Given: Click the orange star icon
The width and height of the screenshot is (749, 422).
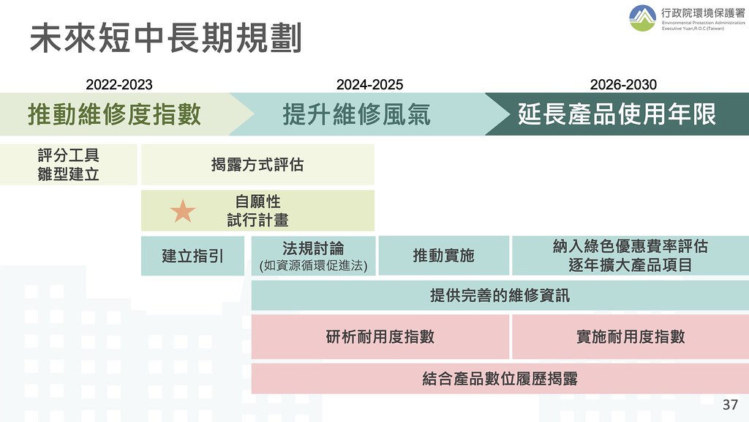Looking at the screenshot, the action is point(183,212).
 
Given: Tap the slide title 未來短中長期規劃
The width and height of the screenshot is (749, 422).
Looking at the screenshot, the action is point(166,38).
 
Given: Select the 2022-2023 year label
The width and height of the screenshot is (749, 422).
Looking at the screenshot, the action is point(119,85).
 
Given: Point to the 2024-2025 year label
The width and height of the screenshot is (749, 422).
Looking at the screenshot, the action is point(369,85).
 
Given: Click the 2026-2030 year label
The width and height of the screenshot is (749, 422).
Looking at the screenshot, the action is point(623,85).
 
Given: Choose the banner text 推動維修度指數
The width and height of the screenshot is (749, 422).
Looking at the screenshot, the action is point(115,114).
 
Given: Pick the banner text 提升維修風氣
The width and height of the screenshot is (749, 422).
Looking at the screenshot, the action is point(357,114).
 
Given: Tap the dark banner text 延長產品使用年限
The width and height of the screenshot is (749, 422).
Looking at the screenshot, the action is point(617,114).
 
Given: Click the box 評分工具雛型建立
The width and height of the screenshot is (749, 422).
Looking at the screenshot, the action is point(68,165).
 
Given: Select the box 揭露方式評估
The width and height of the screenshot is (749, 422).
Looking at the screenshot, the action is point(257,165).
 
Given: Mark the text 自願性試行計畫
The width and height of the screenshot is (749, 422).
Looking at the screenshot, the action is point(258,211).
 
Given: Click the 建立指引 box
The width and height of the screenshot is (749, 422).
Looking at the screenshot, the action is point(192,256).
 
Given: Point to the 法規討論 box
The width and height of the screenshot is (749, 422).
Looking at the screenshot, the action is point(313,256).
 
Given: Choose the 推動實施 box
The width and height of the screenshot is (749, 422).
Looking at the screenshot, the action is point(444,256).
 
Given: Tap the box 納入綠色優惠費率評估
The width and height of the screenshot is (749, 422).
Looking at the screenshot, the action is point(631,256).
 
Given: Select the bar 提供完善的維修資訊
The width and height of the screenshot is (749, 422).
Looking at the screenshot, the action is point(500,295).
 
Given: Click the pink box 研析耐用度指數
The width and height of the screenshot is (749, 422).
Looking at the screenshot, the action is point(380,337).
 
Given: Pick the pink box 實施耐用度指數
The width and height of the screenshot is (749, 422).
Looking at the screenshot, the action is point(631,337).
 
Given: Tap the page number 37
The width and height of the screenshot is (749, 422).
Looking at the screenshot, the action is point(731,404).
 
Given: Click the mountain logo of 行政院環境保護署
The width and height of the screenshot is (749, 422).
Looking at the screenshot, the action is point(642,18).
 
